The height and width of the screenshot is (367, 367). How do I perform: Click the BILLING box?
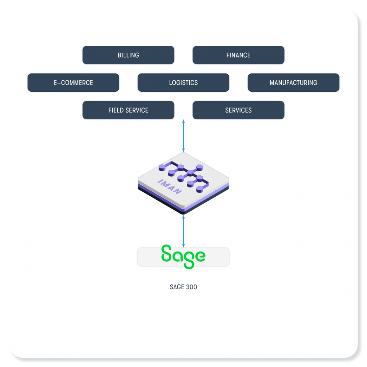(x=128, y=55)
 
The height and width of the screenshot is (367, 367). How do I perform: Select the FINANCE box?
(x=238, y=55)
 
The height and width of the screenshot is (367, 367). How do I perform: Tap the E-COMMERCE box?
(x=73, y=83)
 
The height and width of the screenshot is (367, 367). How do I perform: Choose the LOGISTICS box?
(x=183, y=83)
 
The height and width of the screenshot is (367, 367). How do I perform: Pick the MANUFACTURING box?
(x=293, y=83)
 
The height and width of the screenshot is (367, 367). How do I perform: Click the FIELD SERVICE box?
(x=128, y=110)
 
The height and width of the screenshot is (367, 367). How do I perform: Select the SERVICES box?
(x=238, y=110)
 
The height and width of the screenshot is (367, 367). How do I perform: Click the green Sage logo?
(x=183, y=256)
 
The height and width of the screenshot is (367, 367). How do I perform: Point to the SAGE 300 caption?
(x=183, y=287)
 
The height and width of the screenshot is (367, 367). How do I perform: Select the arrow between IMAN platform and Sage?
(x=183, y=231)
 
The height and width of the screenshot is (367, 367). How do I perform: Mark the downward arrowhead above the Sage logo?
(x=183, y=246)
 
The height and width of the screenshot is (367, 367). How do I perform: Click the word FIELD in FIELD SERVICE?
(x=116, y=110)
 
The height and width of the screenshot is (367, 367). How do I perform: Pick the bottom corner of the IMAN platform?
(x=183, y=214)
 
